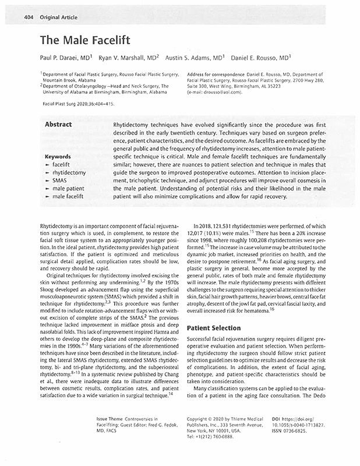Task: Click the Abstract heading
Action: pos(58,124)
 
